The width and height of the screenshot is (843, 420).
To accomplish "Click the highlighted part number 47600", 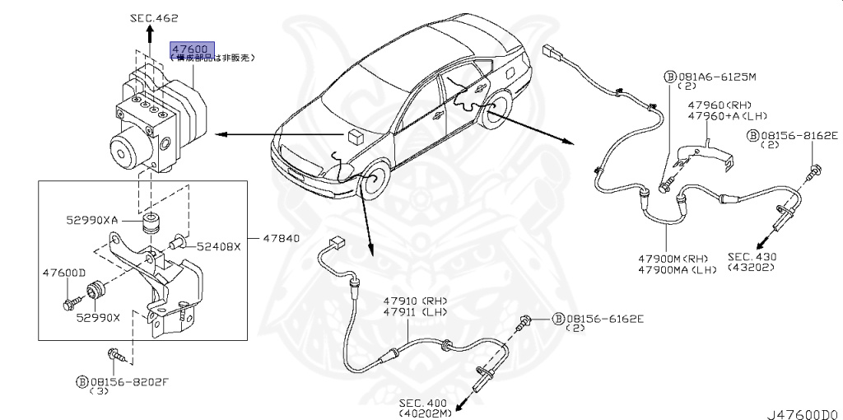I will click(x=191, y=48).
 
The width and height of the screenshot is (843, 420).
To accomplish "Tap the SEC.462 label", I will click(x=154, y=17).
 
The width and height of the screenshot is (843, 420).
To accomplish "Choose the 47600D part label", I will click(x=63, y=273).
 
